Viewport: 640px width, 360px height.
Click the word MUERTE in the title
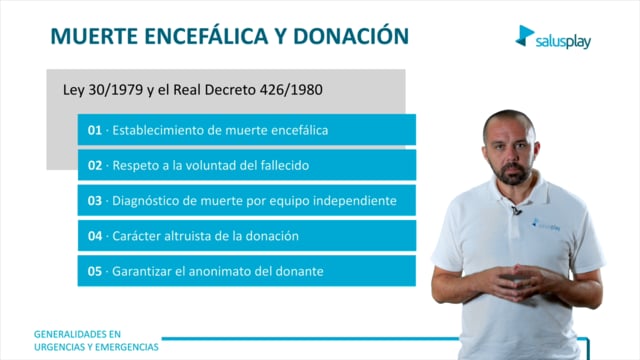click(x=94, y=36)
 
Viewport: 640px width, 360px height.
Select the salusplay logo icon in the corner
click(x=525, y=36)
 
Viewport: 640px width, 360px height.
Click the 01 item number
click(x=95, y=130)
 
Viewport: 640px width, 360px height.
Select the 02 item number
click(x=95, y=165)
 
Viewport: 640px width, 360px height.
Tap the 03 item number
click(x=95, y=201)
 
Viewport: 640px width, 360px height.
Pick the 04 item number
click(x=95, y=236)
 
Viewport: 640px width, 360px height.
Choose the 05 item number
click(x=95, y=271)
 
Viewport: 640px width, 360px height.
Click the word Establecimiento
click(x=158, y=130)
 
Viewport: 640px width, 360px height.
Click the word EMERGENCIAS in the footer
click(x=127, y=347)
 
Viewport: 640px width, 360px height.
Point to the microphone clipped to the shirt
click(x=516, y=210)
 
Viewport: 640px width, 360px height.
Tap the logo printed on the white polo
click(x=546, y=225)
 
